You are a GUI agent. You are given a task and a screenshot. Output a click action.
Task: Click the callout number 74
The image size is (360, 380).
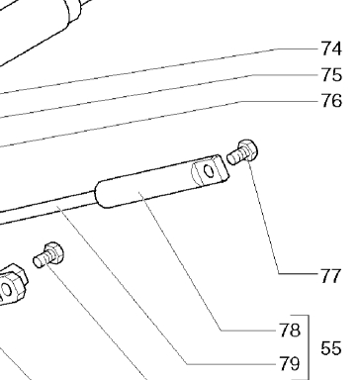[331, 48]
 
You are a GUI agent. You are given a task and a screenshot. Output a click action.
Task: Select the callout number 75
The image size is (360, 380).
[331, 75]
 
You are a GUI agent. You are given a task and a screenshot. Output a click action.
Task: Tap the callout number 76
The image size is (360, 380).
[331, 101]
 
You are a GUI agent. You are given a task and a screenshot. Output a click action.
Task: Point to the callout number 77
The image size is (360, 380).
[330, 276]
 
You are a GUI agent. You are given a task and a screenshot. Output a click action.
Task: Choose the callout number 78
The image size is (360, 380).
[290, 331]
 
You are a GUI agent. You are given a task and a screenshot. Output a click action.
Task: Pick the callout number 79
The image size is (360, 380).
[290, 364]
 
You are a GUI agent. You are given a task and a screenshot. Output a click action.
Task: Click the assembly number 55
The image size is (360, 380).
[331, 348]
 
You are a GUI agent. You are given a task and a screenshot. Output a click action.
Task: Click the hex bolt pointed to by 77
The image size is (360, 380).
[243, 152]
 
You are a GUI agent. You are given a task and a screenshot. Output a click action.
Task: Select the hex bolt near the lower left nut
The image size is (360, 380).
[48, 255]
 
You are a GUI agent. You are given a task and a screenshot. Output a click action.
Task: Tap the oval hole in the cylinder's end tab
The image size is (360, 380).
[209, 171]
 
